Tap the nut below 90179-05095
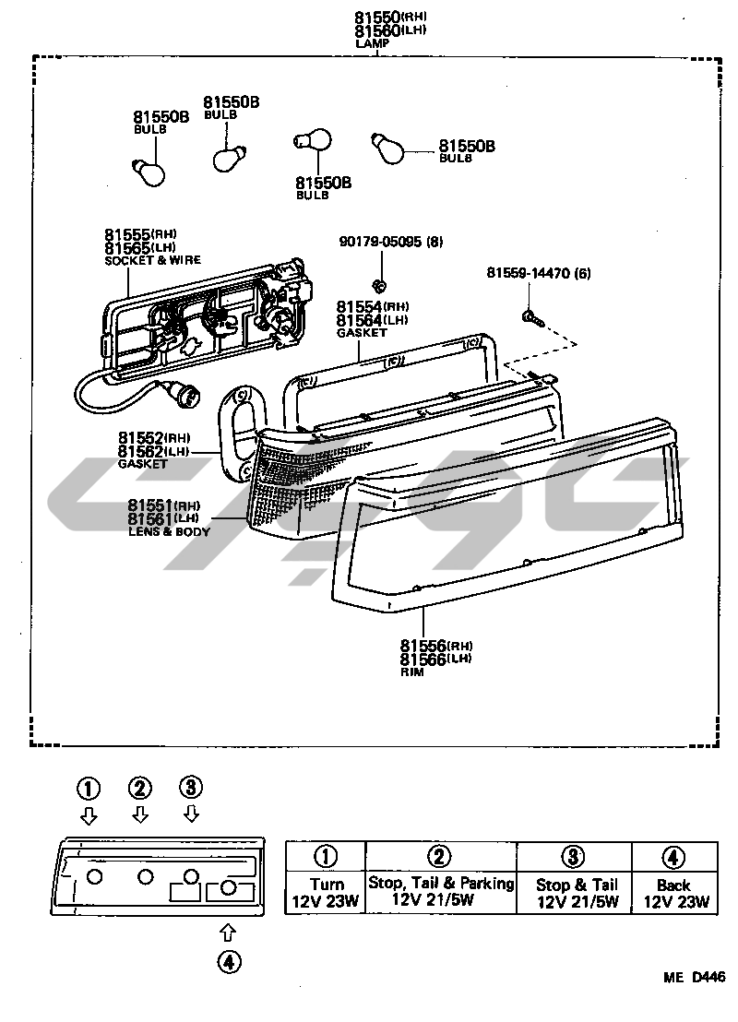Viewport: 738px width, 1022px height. pos(378,283)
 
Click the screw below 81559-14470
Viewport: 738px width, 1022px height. pos(532,317)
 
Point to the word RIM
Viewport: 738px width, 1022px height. pos(411,672)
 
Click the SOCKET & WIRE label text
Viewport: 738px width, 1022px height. pos(153,261)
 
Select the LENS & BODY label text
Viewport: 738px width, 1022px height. pos(169,532)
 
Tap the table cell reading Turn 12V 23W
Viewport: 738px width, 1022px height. pos(326,893)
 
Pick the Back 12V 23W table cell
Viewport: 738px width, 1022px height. pos(673,893)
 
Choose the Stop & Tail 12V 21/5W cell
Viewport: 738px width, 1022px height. pos(577,893)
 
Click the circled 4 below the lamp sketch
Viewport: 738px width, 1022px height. pos(229,962)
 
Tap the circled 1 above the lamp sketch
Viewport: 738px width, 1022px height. pos(89,788)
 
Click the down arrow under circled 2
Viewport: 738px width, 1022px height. pos(140,814)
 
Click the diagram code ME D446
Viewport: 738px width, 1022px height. pos(691,978)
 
